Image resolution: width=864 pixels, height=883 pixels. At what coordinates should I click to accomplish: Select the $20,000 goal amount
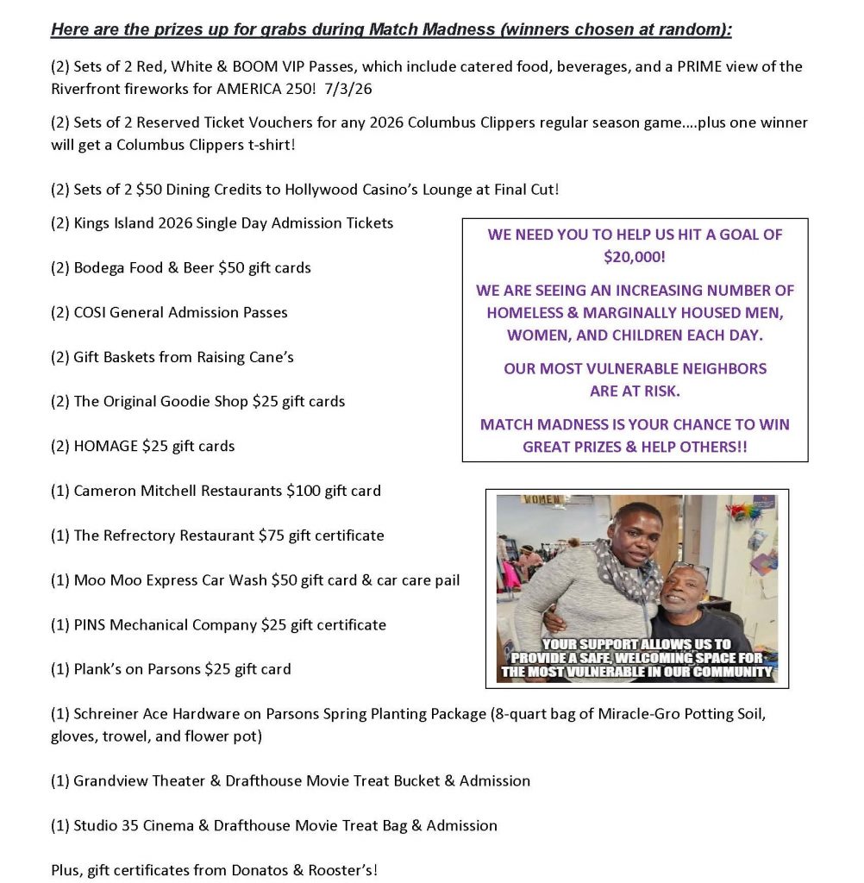click(634, 256)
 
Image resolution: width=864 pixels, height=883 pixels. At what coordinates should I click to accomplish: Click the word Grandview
click(109, 780)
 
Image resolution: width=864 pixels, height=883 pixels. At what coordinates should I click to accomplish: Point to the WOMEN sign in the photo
click(542, 500)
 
